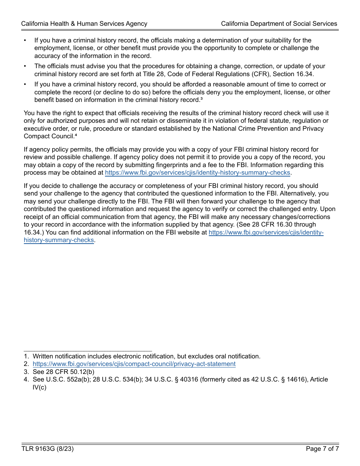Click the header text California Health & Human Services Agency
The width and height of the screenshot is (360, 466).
click(84, 23)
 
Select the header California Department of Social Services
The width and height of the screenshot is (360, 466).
click(279, 23)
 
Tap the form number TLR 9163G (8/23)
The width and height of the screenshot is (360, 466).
click(47, 449)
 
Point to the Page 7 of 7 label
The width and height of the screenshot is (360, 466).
click(322, 449)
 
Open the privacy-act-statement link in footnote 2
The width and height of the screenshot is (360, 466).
click(134, 364)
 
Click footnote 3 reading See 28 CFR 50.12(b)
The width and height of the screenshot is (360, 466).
click(63, 372)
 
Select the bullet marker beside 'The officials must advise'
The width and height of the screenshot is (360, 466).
click(25, 66)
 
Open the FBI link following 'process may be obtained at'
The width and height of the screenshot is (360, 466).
click(197, 173)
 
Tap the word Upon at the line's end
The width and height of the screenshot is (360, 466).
click(328, 209)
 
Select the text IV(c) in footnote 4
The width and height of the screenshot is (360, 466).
click(39, 387)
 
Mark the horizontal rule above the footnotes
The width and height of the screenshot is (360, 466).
click(88, 351)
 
